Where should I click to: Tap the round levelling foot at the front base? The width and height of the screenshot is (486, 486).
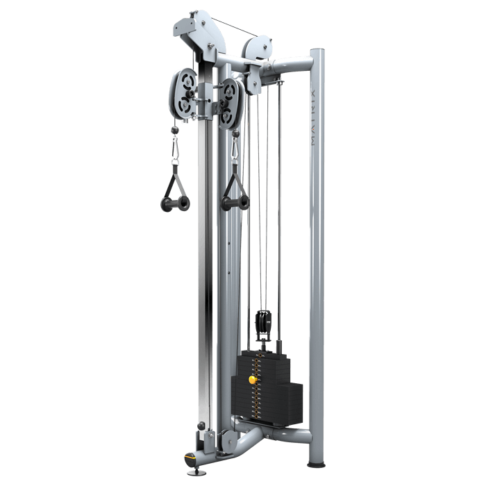click(189, 458)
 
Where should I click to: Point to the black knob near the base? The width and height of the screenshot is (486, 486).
click(201, 426)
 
